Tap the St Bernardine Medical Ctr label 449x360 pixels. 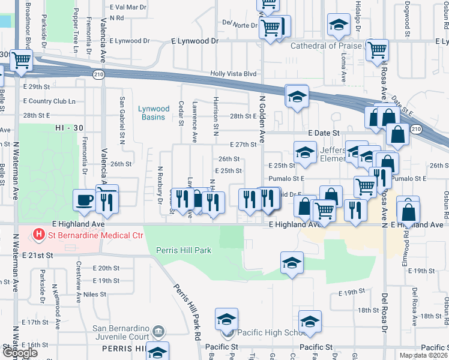point(94,235)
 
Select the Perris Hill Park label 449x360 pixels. point(183,250)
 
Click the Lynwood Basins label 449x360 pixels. point(151,113)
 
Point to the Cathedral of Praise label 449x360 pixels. point(327,46)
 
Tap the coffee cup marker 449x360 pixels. point(83,200)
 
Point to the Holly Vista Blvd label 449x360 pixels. point(233,74)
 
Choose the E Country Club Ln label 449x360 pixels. point(52,101)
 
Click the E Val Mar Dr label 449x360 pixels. point(128,7)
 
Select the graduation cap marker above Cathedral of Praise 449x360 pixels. point(339,25)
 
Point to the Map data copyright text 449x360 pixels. point(423,355)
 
